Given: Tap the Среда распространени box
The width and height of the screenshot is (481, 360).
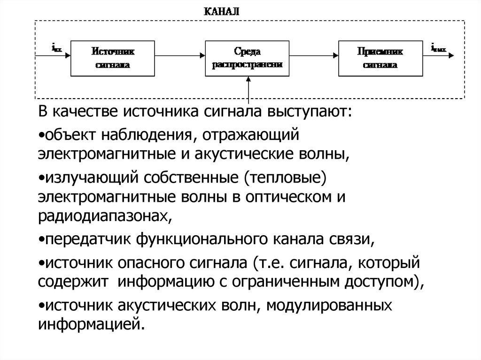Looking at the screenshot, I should (247, 57).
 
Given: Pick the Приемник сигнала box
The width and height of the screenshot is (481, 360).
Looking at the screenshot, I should (380, 57).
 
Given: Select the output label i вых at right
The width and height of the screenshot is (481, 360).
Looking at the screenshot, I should (439, 47).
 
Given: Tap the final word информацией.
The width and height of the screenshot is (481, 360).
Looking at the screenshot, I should (90, 324).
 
